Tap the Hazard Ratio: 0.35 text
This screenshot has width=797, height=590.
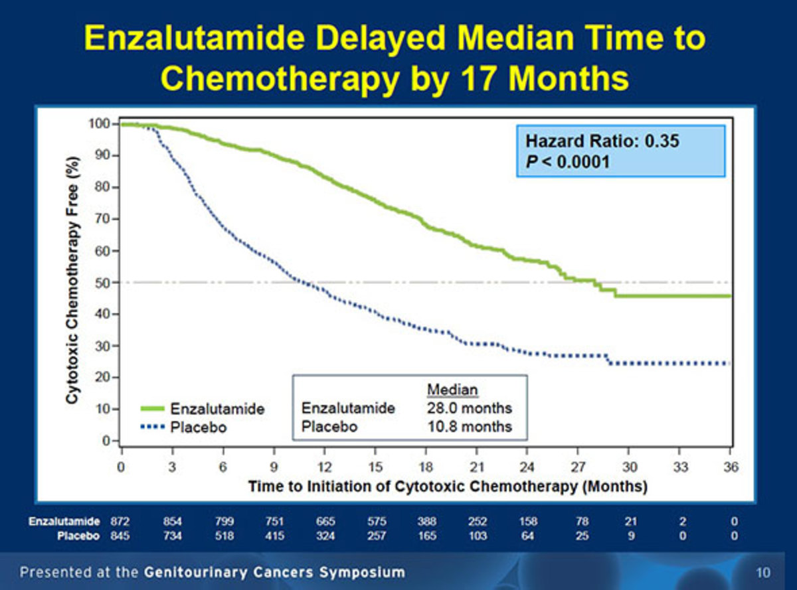(x=602, y=141)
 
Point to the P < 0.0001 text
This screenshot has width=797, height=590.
(x=567, y=161)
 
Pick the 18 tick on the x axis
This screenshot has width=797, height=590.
(x=426, y=467)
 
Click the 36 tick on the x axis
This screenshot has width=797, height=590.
(x=731, y=467)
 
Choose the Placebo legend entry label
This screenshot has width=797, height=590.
(x=199, y=427)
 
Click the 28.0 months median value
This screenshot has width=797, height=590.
(x=469, y=408)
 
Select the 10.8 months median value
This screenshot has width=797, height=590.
(x=469, y=426)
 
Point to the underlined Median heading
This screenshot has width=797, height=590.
(x=452, y=390)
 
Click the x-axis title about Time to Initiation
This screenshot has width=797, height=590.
(x=448, y=486)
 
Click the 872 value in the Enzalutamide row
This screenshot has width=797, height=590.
(x=122, y=522)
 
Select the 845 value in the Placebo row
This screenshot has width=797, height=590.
(x=122, y=536)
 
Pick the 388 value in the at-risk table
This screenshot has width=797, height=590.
(x=426, y=522)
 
